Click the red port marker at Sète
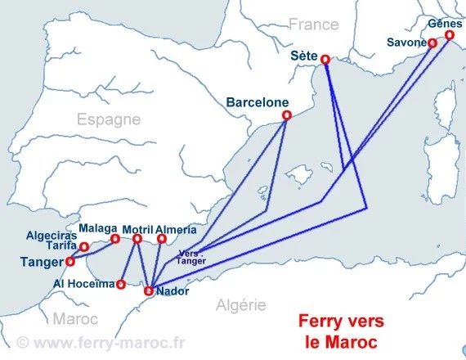(325, 59)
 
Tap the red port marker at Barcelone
(286, 115)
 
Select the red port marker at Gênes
(448, 36)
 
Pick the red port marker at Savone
(432, 43)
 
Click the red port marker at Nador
(149, 290)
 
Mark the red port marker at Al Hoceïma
(121, 284)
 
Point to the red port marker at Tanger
(69, 261)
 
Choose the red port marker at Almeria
(162, 239)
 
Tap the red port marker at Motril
(137, 239)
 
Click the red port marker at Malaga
(114, 238)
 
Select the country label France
(313, 25)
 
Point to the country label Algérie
(241, 305)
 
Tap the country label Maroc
(75, 318)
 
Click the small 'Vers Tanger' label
(191, 256)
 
